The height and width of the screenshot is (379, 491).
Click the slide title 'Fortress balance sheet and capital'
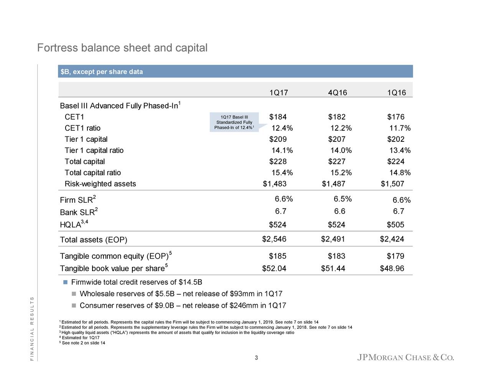click(122, 48)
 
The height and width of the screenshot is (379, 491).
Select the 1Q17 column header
click(278, 93)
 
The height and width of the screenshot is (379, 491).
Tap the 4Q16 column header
click(338, 93)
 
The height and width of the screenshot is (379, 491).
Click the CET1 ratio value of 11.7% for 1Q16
click(400, 128)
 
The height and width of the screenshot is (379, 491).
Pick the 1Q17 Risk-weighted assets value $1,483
click(275, 184)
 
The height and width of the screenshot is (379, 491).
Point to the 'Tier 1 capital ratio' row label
click(94, 151)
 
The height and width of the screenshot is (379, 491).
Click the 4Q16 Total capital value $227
click(337, 162)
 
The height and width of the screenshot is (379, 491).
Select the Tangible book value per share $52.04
click(274, 268)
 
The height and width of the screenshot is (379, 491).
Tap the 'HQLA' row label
click(71, 225)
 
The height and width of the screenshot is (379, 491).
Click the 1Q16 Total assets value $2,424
click(392, 240)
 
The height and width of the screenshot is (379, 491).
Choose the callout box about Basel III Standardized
click(234, 122)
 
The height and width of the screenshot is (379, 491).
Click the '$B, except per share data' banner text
click(102, 72)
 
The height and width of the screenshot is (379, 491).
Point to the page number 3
click(256, 358)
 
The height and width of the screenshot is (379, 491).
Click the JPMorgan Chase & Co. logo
click(405, 358)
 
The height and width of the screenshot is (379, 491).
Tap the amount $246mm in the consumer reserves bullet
click(244, 305)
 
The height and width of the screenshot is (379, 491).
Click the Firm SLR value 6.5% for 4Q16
click(343, 199)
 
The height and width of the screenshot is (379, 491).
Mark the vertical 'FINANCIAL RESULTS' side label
click(32, 328)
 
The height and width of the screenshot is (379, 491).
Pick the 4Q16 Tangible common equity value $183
click(336, 256)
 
